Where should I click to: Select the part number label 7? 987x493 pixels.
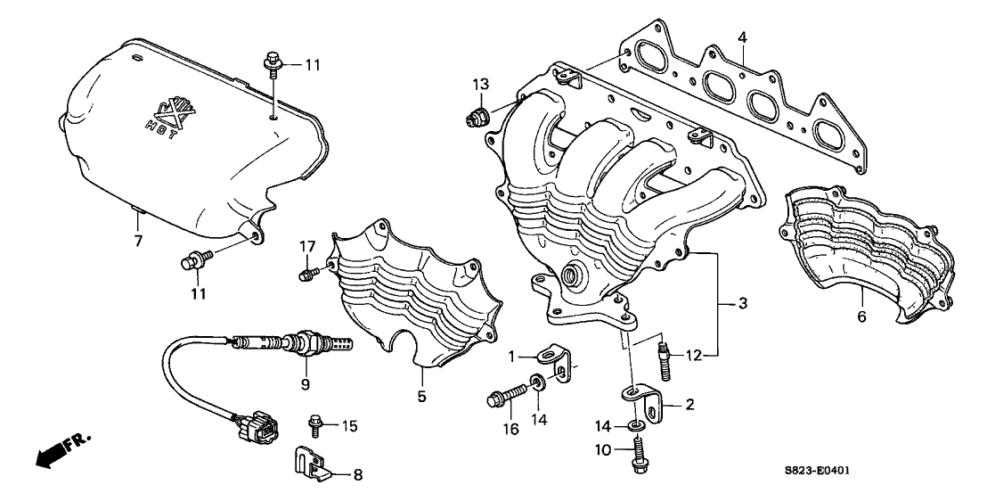138,241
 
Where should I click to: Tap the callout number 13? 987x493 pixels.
481,84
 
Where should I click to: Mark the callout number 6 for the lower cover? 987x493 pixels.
861,316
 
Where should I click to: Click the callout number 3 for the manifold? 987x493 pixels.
742,304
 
